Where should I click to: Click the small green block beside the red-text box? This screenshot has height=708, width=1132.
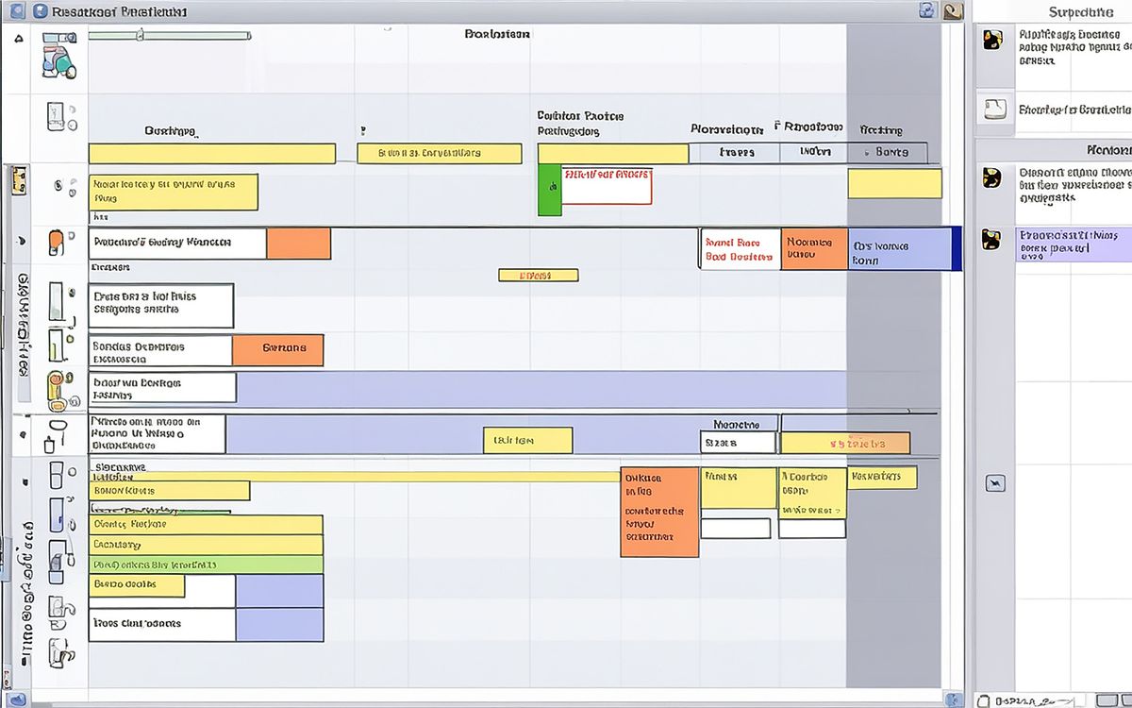[549, 189]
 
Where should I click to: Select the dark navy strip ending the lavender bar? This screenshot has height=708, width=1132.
[957, 248]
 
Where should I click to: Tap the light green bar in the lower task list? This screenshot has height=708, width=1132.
[206, 565]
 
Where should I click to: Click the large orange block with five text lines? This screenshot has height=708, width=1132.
[659, 511]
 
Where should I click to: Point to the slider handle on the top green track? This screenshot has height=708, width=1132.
[140, 36]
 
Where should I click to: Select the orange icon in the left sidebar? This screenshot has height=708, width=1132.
[58, 244]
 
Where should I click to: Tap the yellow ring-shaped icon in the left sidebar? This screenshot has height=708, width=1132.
[56, 389]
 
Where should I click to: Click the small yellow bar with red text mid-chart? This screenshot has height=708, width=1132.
[538, 276]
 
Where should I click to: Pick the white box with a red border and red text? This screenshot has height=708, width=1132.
[607, 186]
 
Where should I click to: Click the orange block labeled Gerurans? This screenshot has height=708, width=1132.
[277, 349]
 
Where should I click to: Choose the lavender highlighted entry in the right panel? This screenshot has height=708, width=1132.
[1073, 244]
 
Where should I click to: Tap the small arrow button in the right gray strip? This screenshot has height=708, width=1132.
[994, 484]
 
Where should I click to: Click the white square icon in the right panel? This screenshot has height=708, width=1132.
[994, 108]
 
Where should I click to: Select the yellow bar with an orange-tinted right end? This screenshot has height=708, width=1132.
[845, 443]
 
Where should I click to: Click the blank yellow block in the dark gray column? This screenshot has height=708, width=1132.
[894, 183]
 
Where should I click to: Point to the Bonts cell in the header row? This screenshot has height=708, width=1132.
[891, 152]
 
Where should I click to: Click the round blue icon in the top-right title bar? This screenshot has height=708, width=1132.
[926, 11]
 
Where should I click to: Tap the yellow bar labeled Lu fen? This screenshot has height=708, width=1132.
[527, 441]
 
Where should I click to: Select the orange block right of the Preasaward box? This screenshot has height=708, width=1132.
[298, 244]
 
